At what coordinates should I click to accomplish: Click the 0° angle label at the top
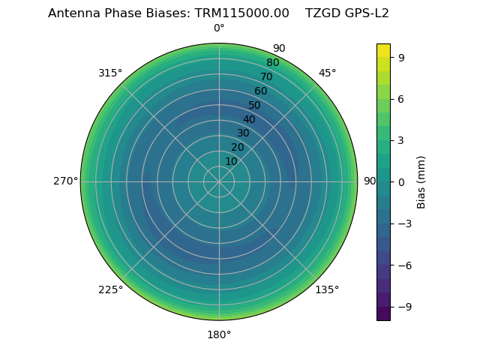pyautogui.click(x=219, y=28)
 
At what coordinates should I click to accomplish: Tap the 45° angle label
pyautogui.click(x=328, y=73)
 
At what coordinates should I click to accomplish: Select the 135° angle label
pyautogui.click(x=327, y=290)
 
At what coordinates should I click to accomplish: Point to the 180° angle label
pyautogui.click(x=219, y=334)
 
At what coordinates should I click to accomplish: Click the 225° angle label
pyautogui.click(x=110, y=290)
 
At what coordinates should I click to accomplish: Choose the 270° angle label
pyautogui.click(x=65, y=181)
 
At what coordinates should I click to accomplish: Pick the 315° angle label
pyautogui.click(x=110, y=73)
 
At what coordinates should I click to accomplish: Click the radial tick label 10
pyautogui.click(x=231, y=161)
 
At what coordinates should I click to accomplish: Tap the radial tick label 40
pyautogui.click(x=249, y=119)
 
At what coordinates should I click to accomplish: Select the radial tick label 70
pyautogui.click(x=266, y=76)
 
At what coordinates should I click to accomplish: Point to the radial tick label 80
pyautogui.click(x=272, y=63)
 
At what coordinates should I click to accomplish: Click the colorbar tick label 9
pyautogui.click(x=401, y=56)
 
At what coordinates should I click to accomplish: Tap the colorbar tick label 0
pyautogui.click(x=401, y=181)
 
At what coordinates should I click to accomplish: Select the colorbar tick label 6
pyautogui.click(x=401, y=98)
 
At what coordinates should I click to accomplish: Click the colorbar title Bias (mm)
pyautogui.click(x=421, y=181)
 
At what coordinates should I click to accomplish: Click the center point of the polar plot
pyautogui.click(x=219, y=181)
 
